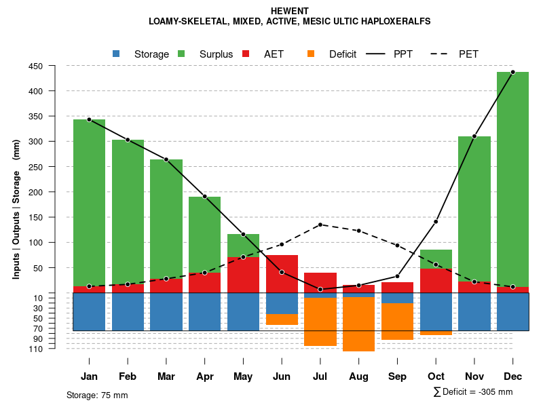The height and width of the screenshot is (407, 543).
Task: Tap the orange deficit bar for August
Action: click(358, 324)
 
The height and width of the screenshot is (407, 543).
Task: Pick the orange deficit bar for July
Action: click(320, 322)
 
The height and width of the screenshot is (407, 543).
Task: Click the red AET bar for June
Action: click(282, 274)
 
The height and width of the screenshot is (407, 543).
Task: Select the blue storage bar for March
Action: click(166, 312)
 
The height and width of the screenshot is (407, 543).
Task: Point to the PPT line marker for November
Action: click(474, 136)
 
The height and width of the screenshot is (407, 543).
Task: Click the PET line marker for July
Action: click(320, 225)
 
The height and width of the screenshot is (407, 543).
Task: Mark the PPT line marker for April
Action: click(204, 197)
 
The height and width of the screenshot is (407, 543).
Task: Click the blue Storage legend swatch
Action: click(117, 54)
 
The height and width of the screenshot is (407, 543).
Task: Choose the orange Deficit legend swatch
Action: click(312, 54)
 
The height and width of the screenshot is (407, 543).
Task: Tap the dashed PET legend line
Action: click(440, 54)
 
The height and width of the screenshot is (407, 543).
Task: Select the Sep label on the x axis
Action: click(397, 376)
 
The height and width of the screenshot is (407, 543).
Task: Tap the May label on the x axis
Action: click(243, 376)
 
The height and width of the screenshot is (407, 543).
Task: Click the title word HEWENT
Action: click(289, 11)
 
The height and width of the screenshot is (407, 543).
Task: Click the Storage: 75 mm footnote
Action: click(97, 395)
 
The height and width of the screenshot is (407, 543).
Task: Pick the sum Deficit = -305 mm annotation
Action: click(472, 392)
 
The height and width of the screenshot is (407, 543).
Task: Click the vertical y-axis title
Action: click(16, 209)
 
